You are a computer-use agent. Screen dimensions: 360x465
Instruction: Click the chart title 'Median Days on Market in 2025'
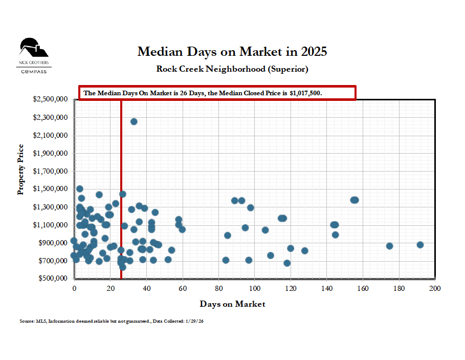point(232,52)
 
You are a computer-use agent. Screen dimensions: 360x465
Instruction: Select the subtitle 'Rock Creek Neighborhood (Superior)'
point(232,69)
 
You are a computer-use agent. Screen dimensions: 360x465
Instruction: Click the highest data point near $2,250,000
point(134,121)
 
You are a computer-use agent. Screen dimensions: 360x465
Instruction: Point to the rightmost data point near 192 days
point(420,245)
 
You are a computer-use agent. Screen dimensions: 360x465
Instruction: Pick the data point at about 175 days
point(389,246)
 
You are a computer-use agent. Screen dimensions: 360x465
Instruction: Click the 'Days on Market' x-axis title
point(232,304)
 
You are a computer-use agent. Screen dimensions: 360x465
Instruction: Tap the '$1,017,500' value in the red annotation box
point(306,93)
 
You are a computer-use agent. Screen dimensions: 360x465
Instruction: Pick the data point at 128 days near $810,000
point(305,251)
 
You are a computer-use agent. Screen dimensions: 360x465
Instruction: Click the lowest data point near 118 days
point(287,263)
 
